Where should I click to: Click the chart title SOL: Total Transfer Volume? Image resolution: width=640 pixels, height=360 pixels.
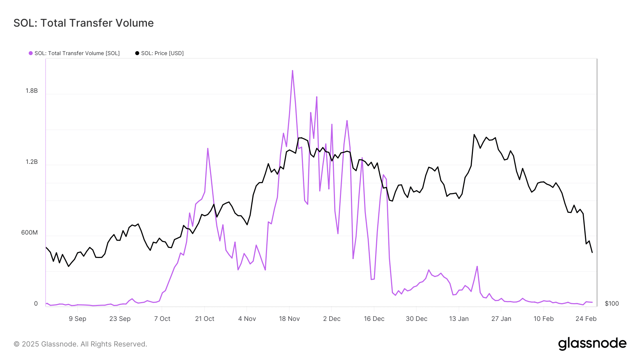pyautogui.click(x=84, y=23)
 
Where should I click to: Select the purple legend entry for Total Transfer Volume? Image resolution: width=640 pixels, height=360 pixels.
pyautogui.click(x=74, y=53)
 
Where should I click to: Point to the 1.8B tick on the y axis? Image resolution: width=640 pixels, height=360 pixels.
pyautogui.click(x=31, y=91)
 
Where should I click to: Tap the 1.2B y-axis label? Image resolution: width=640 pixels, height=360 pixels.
pyautogui.click(x=31, y=162)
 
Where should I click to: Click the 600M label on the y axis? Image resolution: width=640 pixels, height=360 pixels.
pyautogui.click(x=29, y=233)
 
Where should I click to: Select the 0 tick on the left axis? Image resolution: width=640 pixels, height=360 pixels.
pyautogui.click(x=36, y=304)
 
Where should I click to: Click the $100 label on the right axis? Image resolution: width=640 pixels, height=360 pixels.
pyautogui.click(x=612, y=304)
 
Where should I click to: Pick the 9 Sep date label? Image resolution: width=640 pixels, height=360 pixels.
pyautogui.click(x=78, y=319)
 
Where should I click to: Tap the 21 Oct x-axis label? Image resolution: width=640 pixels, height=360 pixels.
pyautogui.click(x=204, y=319)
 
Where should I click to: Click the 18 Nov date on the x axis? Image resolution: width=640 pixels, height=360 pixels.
pyautogui.click(x=289, y=319)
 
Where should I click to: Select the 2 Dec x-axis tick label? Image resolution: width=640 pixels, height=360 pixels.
pyautogui.click(x=332, y=319)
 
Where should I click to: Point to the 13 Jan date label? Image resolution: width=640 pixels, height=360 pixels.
pyautogui.click(x=459, y=319)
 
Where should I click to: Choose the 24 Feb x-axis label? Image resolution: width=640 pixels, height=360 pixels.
pyautogui.click(x=586, y=319)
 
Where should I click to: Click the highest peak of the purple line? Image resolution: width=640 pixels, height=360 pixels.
pyautogui.click(x=292, y=71)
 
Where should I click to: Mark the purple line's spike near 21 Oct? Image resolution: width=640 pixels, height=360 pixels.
pyautogui.click(x=208, y=149)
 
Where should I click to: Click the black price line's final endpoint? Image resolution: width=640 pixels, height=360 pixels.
pyautogui.click(x=592, y=252)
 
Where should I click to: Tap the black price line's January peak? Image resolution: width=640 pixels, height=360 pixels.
pyautogui.click(x=474, y=135)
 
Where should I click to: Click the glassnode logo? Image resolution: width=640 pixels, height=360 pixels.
pyautogui.click(x=592, y=344)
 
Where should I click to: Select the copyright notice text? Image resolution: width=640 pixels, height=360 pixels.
pyautogui.click(x=80, y=344)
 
